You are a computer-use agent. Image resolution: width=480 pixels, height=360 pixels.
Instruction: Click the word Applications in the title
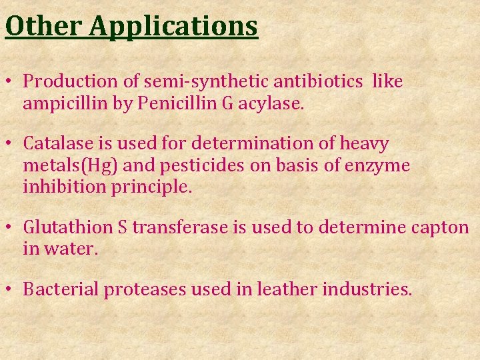173,27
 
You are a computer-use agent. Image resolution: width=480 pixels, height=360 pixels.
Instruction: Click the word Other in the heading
44,25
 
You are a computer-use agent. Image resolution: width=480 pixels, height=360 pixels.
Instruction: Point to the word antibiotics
315,82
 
